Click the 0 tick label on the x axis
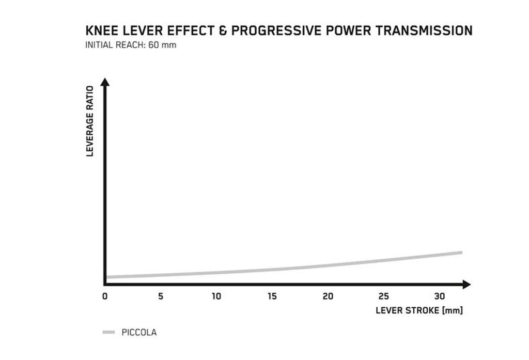105,296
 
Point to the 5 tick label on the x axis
161,296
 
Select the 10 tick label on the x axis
216,296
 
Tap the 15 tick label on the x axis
272,296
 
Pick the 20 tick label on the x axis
328,296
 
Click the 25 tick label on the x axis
384,296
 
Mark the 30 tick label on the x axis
440,296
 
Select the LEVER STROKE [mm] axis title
419,311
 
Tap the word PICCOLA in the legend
138,333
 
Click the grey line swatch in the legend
109,333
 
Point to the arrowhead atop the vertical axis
105,82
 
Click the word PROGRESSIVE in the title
273,31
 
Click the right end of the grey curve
460,253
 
